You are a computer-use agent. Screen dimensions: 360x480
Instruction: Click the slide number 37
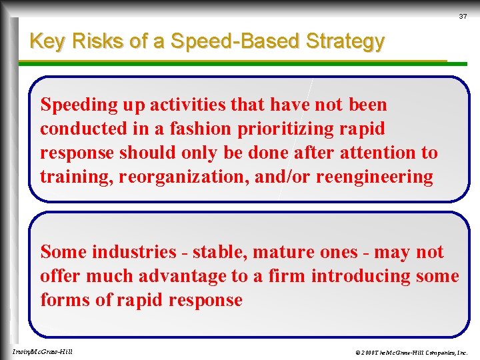click(x=462, y=17)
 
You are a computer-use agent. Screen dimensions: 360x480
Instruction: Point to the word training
click(x=70, y=177)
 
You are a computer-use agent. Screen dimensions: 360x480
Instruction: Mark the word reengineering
click(x=374, y=177)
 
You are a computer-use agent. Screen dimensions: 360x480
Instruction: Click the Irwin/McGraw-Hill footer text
click(x=42, y=351)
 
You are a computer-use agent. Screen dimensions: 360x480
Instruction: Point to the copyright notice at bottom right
click(x=411, y=351)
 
